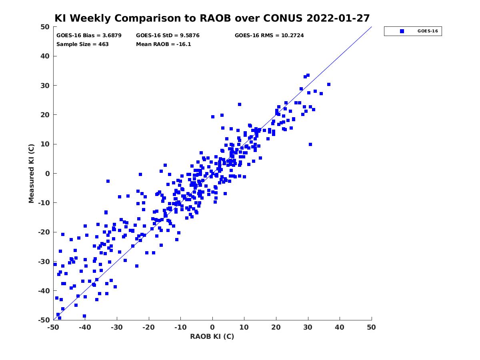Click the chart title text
point(212,18)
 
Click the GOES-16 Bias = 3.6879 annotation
point(89,36)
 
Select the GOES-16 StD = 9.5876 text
point(168,36)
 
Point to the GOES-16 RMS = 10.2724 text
point(269,36)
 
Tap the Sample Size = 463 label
point(82,44)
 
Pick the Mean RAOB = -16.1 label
point(163,44)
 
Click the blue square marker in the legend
point(402,31)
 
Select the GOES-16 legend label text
point(428,31)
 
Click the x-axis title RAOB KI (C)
point(212,336)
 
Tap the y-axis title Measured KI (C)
point(31,174)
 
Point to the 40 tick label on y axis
point(45,56)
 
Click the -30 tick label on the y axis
point(44,262)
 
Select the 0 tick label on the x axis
point(212,327)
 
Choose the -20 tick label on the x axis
point(148,327)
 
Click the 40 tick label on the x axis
point(340,327)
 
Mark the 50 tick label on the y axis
point(45,27)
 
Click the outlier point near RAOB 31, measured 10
point(310,144)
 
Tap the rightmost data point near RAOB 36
point(328,84)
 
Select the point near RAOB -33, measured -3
point(108,181)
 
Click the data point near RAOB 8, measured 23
point(240,104)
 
